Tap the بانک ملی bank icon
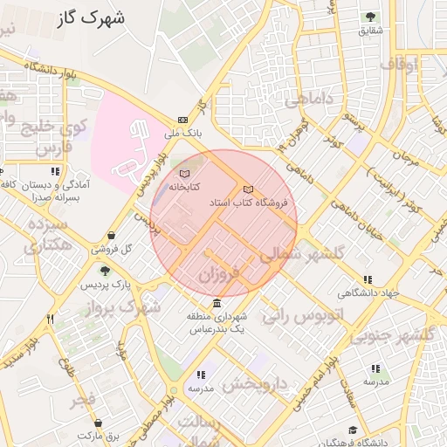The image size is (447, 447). pyautogui.click(x=182, y=120)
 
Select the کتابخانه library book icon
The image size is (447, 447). pyautogui.click(x=183, y=176)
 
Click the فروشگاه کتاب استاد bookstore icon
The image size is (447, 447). pyautogui.click(x=248, y=189)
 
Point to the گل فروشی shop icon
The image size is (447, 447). pyautogui.click(x=112, y=236)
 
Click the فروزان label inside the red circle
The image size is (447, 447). pyautogui.click(x=217, y=276)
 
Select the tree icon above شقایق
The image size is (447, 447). pyautogui.click(x=370, y=17)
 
